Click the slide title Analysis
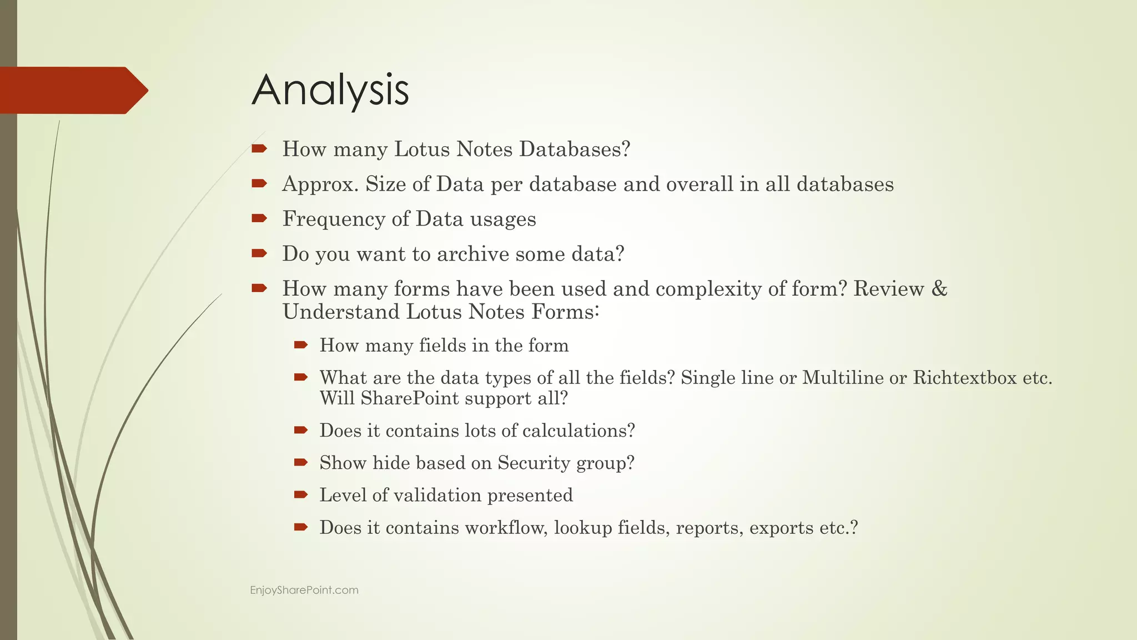coord(330,90)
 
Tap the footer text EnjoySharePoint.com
coord(304,590)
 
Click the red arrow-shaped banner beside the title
coord(72,91)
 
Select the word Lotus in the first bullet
coord(421,149)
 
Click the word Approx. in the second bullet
coord(320,184)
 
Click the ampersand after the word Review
coord(939,288)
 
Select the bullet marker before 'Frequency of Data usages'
coord(259,218)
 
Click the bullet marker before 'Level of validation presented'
coord(301,494)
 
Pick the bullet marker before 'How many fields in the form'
coord(301,345)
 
